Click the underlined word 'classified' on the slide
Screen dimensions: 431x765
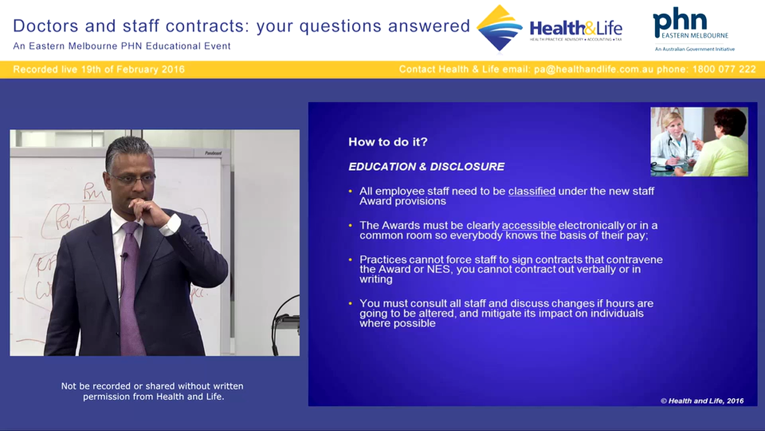531,191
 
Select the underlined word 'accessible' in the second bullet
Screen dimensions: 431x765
528,226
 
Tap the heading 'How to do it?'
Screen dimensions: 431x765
387,142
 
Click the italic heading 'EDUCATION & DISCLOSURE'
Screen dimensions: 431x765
426,167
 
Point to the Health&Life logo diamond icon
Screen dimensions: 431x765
499,28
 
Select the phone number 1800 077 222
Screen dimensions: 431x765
724,69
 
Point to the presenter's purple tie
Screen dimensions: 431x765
130,281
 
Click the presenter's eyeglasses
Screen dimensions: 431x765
131,178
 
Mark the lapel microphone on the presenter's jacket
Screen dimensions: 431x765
124,256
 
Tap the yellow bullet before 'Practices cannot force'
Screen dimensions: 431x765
351,260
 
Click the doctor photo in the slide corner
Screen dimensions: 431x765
699,142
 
